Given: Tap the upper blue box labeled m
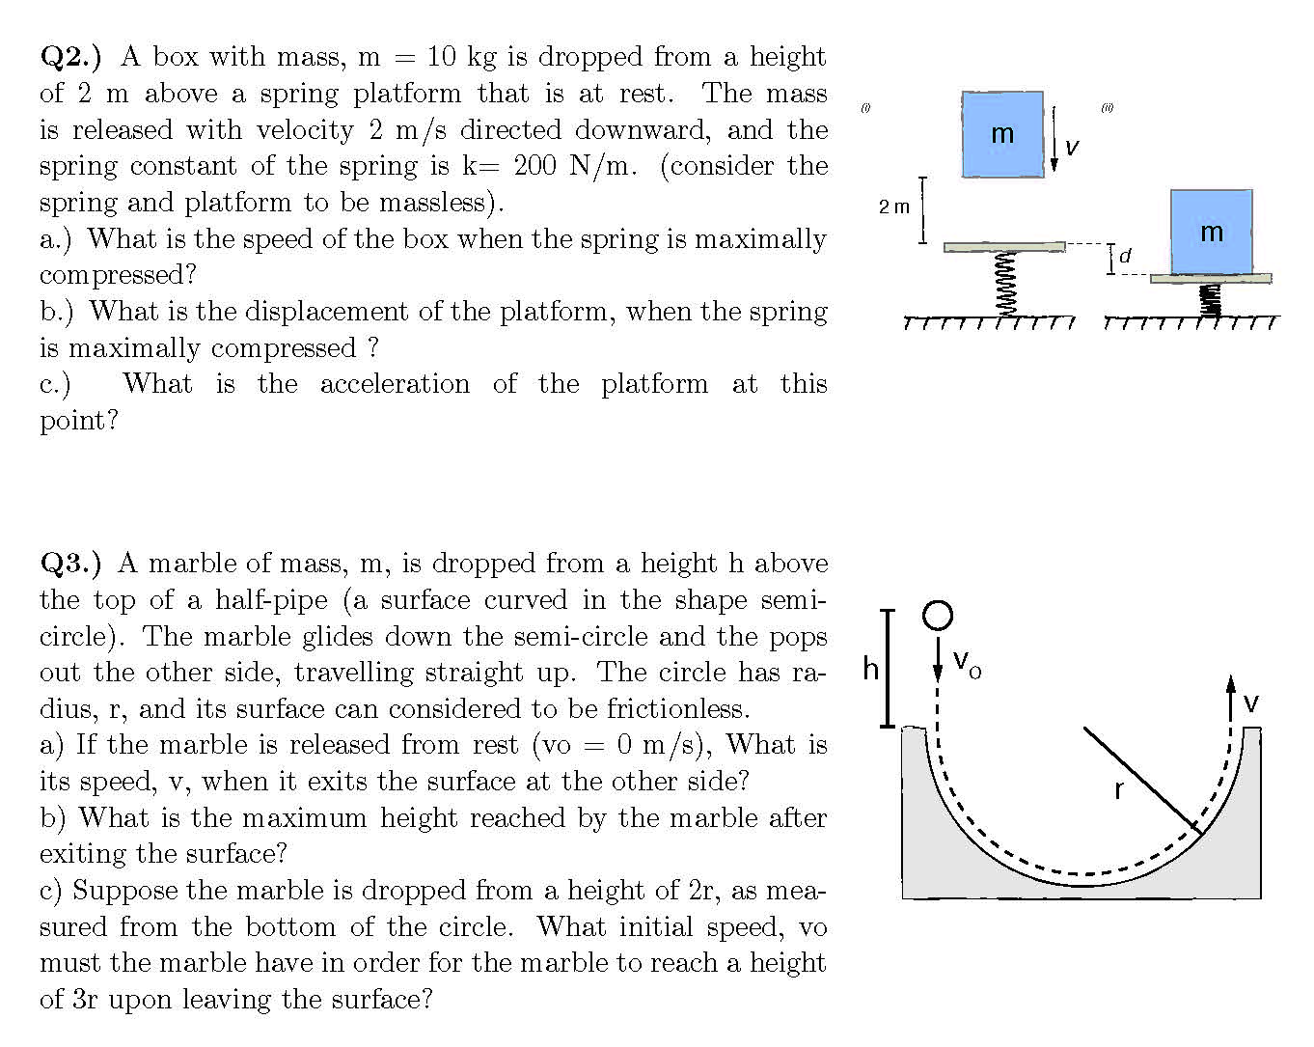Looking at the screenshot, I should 1002,134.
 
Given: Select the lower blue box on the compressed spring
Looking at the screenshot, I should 1211,232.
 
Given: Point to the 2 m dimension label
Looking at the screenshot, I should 893,207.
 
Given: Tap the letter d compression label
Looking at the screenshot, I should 1124,256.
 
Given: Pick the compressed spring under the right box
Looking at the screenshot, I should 1211,299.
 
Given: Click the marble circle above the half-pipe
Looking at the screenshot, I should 937,615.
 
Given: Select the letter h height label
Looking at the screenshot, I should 871,669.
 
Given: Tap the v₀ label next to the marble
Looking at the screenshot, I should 967,664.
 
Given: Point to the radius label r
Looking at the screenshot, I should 1118,790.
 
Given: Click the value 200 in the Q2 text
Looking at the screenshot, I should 534,166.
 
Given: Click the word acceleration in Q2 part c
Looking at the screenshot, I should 395,384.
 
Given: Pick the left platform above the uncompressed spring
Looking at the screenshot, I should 1004,247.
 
